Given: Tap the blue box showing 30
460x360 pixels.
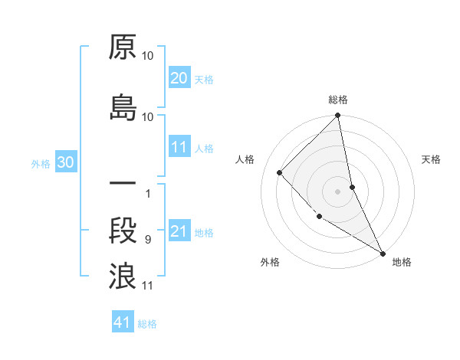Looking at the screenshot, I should [65, 163].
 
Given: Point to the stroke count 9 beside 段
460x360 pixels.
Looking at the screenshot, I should [147, 241].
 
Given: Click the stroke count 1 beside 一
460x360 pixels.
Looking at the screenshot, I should [147, 194].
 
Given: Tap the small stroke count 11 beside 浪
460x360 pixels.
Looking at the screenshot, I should [147, 286].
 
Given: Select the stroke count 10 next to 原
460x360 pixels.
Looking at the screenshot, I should [147, 57].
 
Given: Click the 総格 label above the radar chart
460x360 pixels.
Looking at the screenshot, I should [338, 100].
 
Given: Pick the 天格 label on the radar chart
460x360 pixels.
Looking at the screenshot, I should [431, 159].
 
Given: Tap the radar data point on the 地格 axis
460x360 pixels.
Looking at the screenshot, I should [382, 252].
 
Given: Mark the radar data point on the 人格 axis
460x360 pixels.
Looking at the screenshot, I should [280, 172].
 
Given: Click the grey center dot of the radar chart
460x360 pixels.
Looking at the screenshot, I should [338, 191].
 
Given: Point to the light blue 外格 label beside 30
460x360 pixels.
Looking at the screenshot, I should [41, 164].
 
